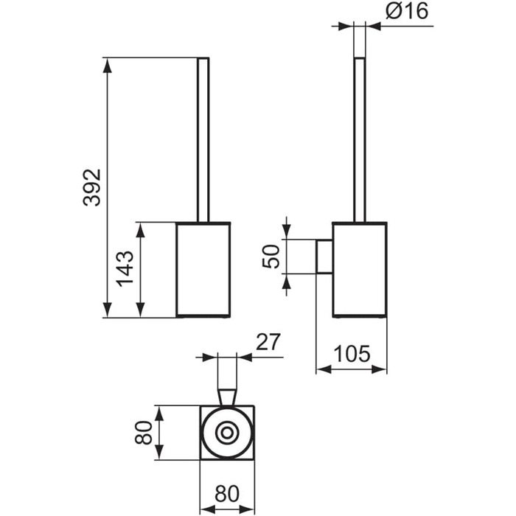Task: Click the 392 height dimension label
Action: tap(92, 187)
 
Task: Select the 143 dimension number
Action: tap(126, 269)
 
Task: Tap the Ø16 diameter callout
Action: tap(407, 13)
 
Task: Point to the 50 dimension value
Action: tap(271, 257)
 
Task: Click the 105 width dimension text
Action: tap(352, 354)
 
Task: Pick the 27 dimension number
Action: tap(268, 342)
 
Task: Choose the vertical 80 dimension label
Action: tap(144, 433)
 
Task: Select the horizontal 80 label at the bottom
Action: tap(227, 494)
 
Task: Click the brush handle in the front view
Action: tap(203, 140)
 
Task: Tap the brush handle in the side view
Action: tap(360, 140)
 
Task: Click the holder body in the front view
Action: tap(203, 270)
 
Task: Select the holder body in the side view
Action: tap(360, 270)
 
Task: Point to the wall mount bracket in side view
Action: tap(324, 257)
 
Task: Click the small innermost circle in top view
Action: tap(227, 433)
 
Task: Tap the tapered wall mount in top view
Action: tap(227, 397)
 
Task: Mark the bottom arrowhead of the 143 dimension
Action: tap(141, 310)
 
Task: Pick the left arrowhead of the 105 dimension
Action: tap(324, 369)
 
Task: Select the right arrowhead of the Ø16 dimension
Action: tap(373, 26)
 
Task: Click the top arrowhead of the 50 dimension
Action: tap(287, 232)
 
